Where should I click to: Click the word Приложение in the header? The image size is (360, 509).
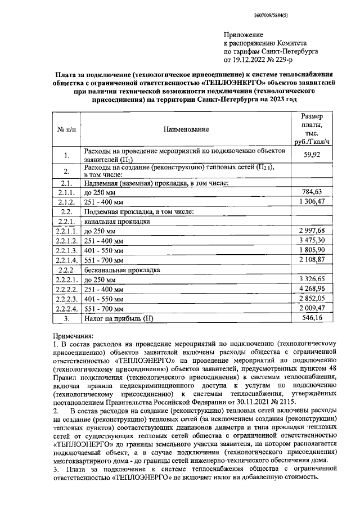244,34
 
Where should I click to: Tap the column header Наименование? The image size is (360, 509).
186,129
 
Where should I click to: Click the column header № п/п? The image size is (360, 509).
66,129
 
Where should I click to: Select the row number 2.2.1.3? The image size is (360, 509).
66,251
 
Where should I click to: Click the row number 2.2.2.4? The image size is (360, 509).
66,309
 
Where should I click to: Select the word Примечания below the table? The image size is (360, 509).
75,334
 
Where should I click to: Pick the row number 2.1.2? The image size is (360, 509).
66,202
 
